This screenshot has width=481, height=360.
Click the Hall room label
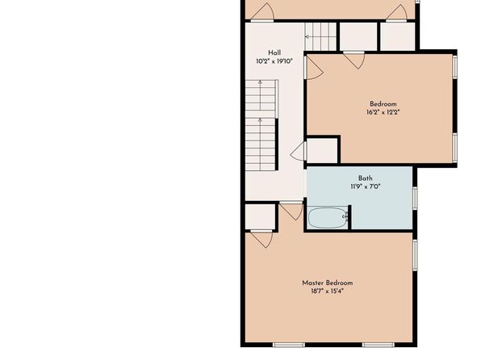[274, 52]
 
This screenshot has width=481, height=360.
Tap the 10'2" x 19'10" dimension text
[274, 61]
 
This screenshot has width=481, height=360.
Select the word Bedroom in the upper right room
[383, 104]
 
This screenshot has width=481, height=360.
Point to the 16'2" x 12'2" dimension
[383, 112]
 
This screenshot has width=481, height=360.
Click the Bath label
[366, 178]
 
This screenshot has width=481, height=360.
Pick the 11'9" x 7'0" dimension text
[366, 186]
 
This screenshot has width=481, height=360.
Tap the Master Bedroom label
[328, 283]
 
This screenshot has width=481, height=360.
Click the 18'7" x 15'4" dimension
[328, 291]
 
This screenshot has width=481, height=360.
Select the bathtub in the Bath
[328, 218]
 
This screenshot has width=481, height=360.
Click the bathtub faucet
[345, 217]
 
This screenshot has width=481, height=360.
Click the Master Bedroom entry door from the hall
[291, 211]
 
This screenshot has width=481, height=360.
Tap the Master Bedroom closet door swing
[261, 239]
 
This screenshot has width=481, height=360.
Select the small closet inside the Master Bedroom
[261, 216]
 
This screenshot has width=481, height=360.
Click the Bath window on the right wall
[415, 199]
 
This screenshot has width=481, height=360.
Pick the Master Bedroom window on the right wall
[415, 255]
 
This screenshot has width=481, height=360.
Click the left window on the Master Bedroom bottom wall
[289, 345]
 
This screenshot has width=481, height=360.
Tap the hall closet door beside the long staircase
[299, 151]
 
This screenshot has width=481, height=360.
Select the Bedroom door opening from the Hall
[314, 68]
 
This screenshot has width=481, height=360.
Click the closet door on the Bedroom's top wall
[353, 60]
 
